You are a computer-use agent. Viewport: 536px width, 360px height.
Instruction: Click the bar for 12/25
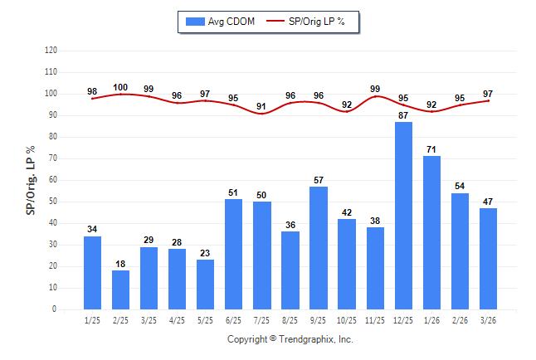tap(403, 216)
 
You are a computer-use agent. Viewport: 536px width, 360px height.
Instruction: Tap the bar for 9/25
tap(319, 248)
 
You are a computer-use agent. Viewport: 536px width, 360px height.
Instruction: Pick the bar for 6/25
tap(234, 254)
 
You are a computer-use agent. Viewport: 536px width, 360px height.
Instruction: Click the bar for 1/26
tap(431, 232)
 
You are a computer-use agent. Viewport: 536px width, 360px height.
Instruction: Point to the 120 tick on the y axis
tap(51, 51)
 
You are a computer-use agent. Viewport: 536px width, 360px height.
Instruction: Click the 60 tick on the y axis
tap(53, 180)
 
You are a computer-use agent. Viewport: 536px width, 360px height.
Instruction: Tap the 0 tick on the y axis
tap(55, 309)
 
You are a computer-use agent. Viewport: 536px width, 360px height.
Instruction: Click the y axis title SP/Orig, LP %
tap(32, 180)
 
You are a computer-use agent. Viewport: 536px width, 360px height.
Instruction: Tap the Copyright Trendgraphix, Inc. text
tap(290, 339)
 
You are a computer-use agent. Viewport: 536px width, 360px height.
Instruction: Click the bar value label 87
tap(403, 115)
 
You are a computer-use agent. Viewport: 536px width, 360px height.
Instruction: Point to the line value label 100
tap(121, 87)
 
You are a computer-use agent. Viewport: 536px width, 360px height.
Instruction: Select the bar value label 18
tap(121, 264)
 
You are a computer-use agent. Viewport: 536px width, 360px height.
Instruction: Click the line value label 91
tap(262, 106)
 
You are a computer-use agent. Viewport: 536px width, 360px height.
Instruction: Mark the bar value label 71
tap(431, 149)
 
